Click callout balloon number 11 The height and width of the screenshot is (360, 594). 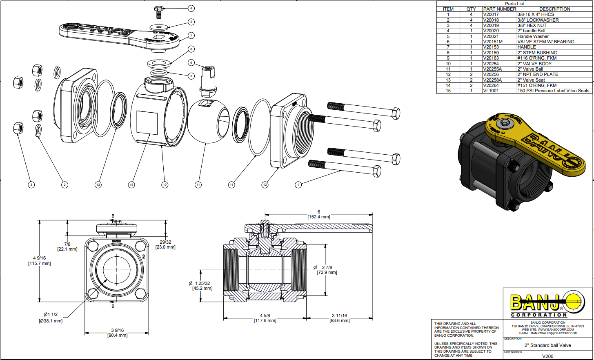tap(198, 185)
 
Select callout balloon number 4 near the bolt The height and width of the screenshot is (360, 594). tap(191, 8)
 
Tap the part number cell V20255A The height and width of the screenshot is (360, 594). tap(492, 69)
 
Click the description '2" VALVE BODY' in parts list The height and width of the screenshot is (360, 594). tap(534, 64)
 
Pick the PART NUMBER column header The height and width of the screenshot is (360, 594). tap(499, 9)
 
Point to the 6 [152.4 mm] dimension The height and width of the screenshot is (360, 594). tap(318, 215)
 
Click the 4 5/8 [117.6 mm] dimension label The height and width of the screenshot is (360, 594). tap(265, 318)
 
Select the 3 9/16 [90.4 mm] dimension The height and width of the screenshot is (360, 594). tap(118, 333)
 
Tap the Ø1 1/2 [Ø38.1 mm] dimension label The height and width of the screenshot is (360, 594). tap(51, 318)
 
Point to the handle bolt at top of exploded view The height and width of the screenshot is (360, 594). tap(159, 12)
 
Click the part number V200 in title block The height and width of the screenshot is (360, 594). tap(547, 356)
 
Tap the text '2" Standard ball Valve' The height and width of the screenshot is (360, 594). tap(547, 345)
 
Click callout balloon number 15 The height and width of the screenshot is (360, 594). tap(131, 185)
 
